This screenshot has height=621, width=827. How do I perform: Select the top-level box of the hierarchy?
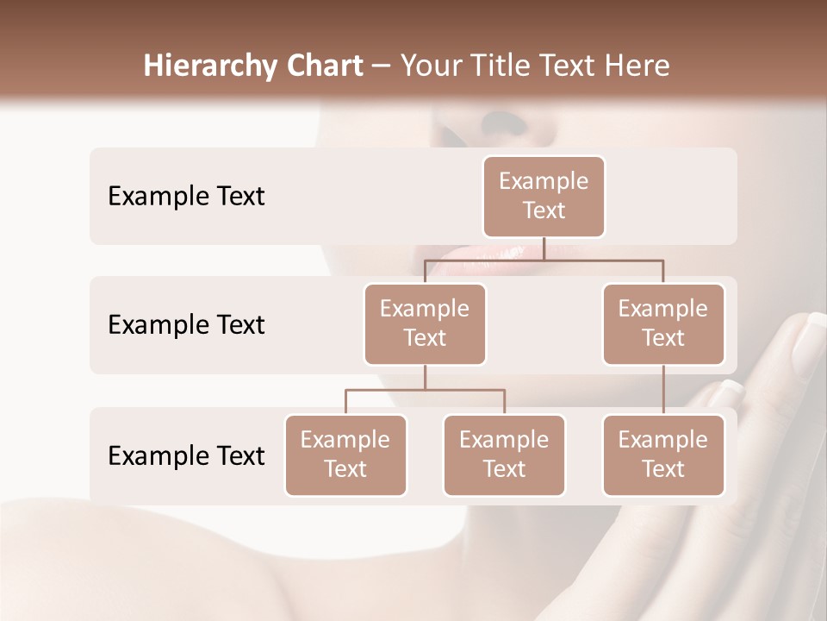544,197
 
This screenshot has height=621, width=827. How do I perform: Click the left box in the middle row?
425,323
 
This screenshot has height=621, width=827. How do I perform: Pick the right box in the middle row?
663,323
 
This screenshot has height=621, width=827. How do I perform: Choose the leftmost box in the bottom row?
345,455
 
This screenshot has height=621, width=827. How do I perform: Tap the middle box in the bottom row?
504,455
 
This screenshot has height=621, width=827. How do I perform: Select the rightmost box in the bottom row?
663,455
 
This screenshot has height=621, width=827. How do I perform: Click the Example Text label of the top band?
186,196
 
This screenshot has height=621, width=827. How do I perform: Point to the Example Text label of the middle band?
186,324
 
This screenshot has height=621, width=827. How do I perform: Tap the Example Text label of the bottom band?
186,455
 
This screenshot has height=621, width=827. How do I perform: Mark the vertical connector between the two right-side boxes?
663,390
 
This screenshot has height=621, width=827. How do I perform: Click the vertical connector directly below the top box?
544,248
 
